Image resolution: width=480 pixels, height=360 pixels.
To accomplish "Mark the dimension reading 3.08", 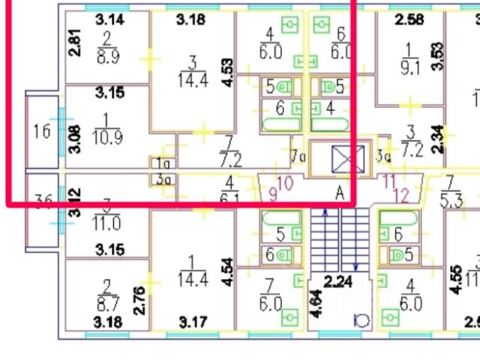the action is click(x=73, y=140).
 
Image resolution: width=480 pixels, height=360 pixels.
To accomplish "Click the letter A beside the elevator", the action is click(x=340, y=193).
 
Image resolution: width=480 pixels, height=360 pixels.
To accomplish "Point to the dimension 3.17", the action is click(x=193, y=323).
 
